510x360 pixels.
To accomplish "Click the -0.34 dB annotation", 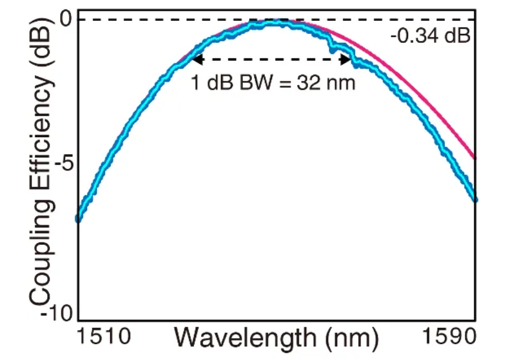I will pos(430,35).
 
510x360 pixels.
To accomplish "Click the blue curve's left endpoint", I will pos(78,219).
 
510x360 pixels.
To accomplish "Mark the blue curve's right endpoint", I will pos(475,199).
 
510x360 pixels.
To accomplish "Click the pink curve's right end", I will pos(475,158).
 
